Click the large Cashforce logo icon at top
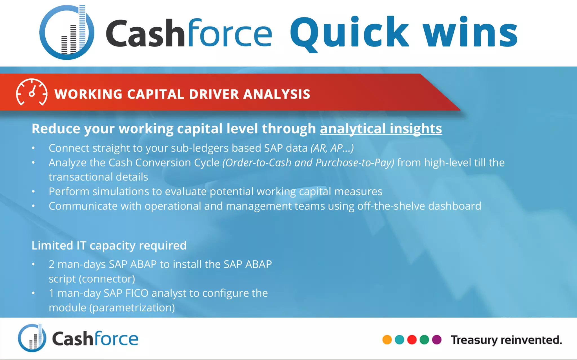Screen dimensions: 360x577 click(67, 32)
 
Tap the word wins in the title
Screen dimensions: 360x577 click(470, 32)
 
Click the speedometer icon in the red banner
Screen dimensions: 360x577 click(32, 92)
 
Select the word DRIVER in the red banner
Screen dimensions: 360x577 click(214, 94)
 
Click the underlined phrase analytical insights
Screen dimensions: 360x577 click(381, 129)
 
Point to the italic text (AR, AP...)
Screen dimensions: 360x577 click(332, 148)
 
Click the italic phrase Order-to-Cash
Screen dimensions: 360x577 click(257, 163)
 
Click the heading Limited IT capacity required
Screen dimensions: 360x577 click(109, 246)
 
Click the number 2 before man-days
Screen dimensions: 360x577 click(52, 265)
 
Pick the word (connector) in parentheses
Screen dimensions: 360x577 click(107, 279)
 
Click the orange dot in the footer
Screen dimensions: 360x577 click(387, 340)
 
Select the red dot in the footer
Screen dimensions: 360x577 click(412, 340)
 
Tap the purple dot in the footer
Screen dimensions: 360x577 click(436, 340)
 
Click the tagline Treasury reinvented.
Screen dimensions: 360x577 click(506, 340)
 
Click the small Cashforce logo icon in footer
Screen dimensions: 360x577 click(32, 338)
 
